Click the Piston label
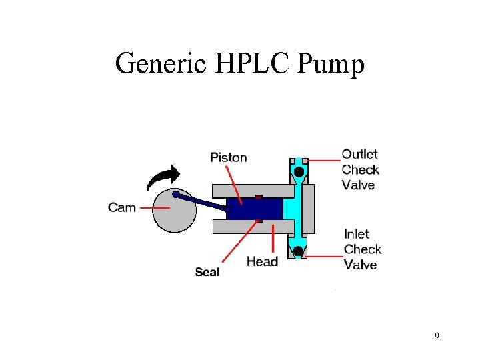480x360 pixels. pyautogui.click(x=228, y=158)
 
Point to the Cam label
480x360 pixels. pyautogui.click(x=121, y=207)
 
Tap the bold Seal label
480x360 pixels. pyautogui.click(x=207, y=272)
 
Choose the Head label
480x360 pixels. pyautogui.click(x=262, y=261)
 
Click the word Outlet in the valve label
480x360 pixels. pyautogui.click(x=359, y=155)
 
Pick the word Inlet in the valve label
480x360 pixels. pyautogui.click(x=357, y=234)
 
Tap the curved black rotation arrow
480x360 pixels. pyautogui.click(x=163, y=179)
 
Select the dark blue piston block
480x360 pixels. pyautogui.click(x=257, y=208)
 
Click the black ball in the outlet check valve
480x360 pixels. pyautogui.click(x=298, y=171)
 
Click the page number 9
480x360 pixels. pyautogui.click(x=437, y=336)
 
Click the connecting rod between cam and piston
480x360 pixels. pyautogui.click(x=200, y=201)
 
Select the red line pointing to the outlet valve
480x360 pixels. pyautogui.click(x=323, y=161)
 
